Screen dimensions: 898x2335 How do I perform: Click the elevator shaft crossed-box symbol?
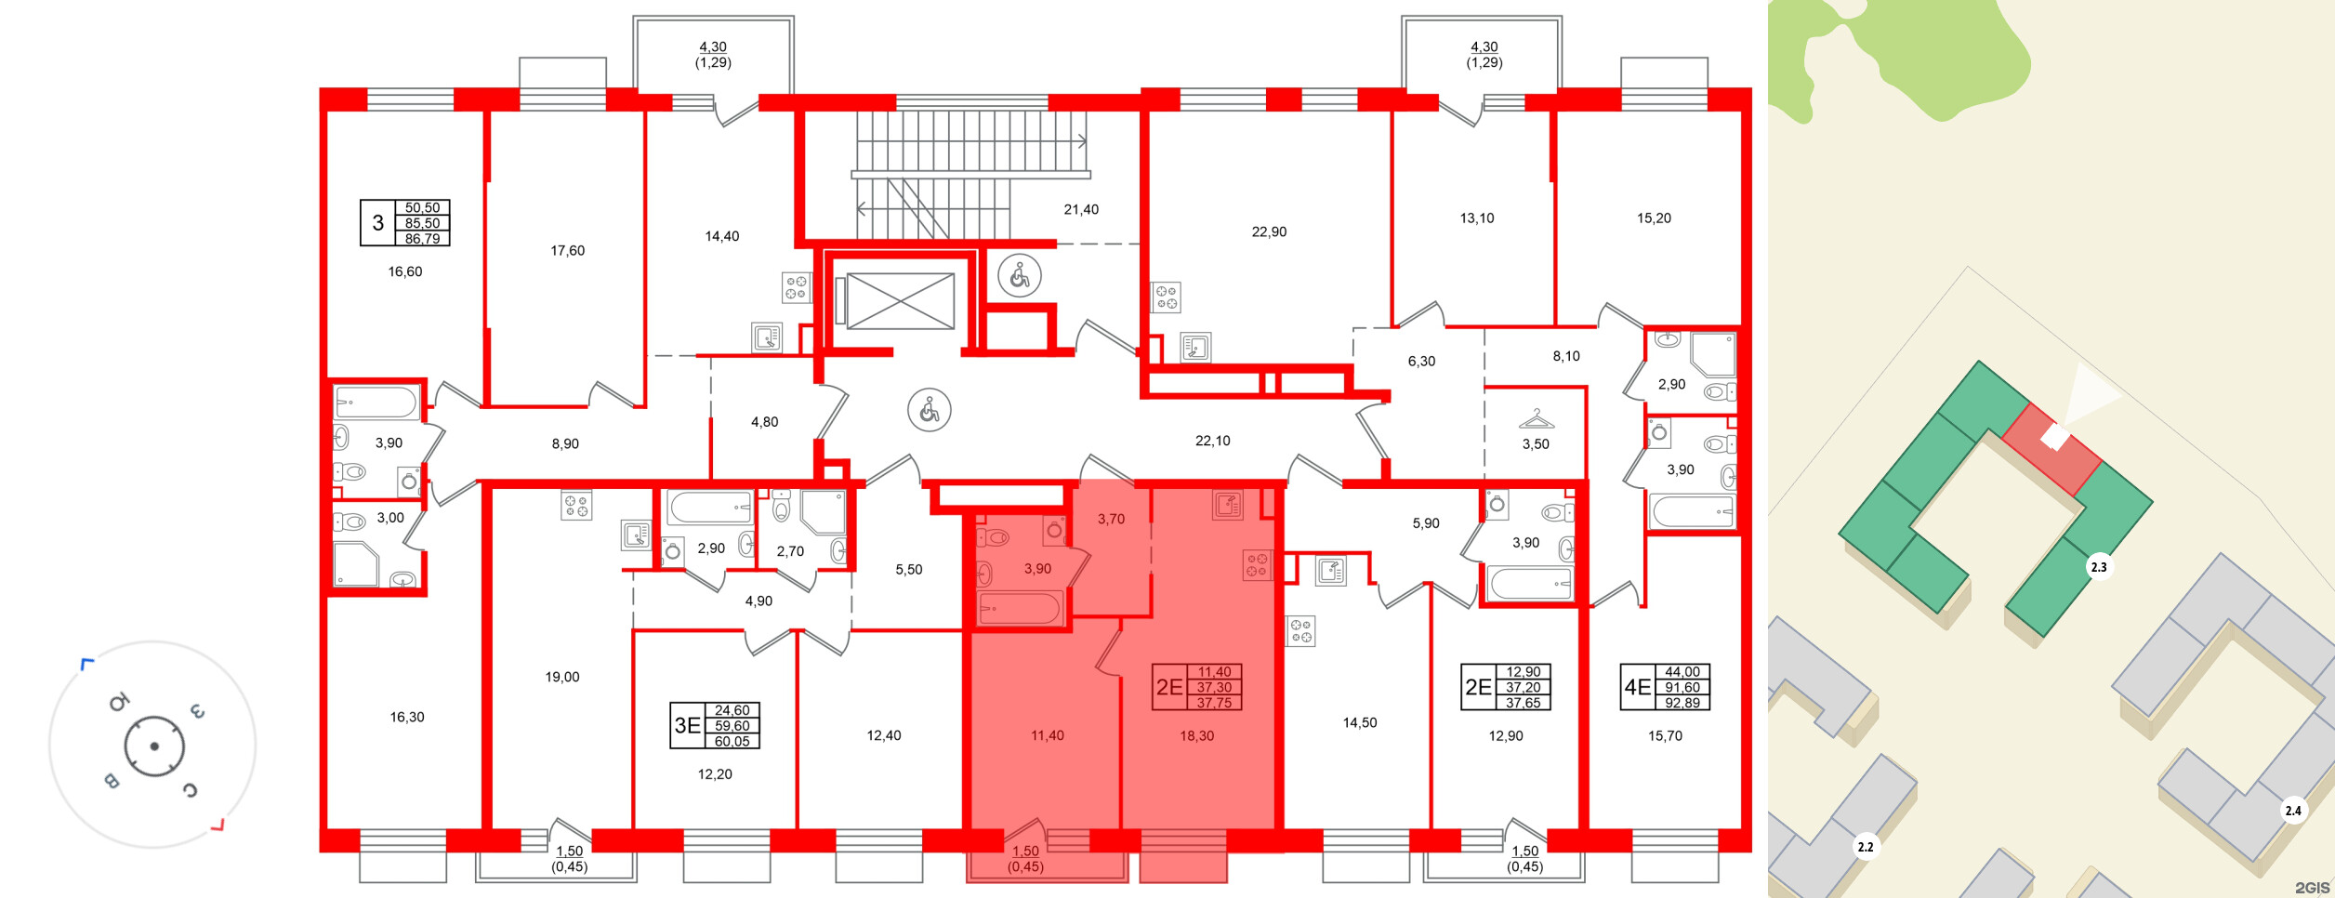pos(900,301)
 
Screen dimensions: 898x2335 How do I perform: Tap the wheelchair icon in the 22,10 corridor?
pos(930,410)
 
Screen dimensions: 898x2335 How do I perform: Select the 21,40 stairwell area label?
pos(1081,210)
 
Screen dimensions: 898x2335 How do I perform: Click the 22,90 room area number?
pos(1269,232)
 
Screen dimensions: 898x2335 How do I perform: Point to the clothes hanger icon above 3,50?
pos(1536,419)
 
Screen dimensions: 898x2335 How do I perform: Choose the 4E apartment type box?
pos(1637,687)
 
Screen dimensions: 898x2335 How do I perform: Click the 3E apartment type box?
pos(688,725)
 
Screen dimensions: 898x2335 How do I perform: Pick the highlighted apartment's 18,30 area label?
pos(1196,736)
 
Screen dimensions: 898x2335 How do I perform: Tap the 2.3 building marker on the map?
pos(2098,567)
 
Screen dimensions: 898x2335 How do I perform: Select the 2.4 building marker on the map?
pos(2292,811)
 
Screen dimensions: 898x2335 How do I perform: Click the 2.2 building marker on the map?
pos(1865,847)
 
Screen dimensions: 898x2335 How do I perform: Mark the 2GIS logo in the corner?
pos(2312,888)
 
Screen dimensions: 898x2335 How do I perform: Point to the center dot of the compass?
pos(154,746)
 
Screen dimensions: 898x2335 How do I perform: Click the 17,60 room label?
pos(567,251)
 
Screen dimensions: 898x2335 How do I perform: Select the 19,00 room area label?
pos(562,678)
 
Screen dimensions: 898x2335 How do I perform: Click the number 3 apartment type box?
pos(377,223)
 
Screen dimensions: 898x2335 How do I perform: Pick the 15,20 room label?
pos(1654,218)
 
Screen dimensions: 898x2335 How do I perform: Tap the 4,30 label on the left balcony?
pos(713,47)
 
